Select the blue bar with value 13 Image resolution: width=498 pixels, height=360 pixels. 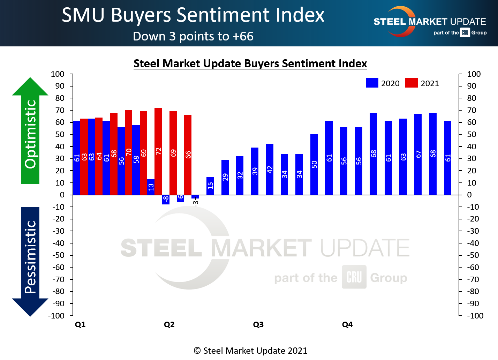pyautogui.click(x=151, y=187)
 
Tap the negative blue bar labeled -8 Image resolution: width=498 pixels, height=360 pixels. pyautogui.click(x=166, y=199)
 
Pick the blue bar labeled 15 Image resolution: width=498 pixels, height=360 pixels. pyautogui.click(x=210, y=186)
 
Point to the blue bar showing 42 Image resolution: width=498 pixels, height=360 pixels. pyautogui.click(x=269, y=169)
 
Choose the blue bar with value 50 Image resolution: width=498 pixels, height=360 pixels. pyautogui.click(x=314, y=164)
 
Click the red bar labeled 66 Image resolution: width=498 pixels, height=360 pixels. pyautogui.click(x=188, y=155)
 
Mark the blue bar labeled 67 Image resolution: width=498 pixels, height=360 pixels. pyautogui.click(x=418, y=154)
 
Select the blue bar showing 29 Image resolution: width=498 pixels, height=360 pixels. pyautogui.click(x=225, y=177)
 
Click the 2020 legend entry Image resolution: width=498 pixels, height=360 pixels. pyautogui.click(x=383, y=83)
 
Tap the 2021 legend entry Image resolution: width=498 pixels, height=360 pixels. pyautogui.click(x=422, y=83)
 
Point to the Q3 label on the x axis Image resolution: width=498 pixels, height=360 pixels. pyautogui.click(x=258, y=324)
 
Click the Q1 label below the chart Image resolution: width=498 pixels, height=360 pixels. pyautogui.click(x=80, y=324)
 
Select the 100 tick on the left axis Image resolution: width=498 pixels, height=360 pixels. pyautogui.click(x=58, y=74)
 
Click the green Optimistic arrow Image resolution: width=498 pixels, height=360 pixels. pyautogui.click(x=30, y=131)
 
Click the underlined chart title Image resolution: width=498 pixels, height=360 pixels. pyautogui.click(x=250, y=63)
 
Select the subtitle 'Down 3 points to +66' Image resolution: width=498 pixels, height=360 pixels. pyautogui.click(x=193, y=36)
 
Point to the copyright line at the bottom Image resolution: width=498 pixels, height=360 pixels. pyautogui.click(x=250, y=351)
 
